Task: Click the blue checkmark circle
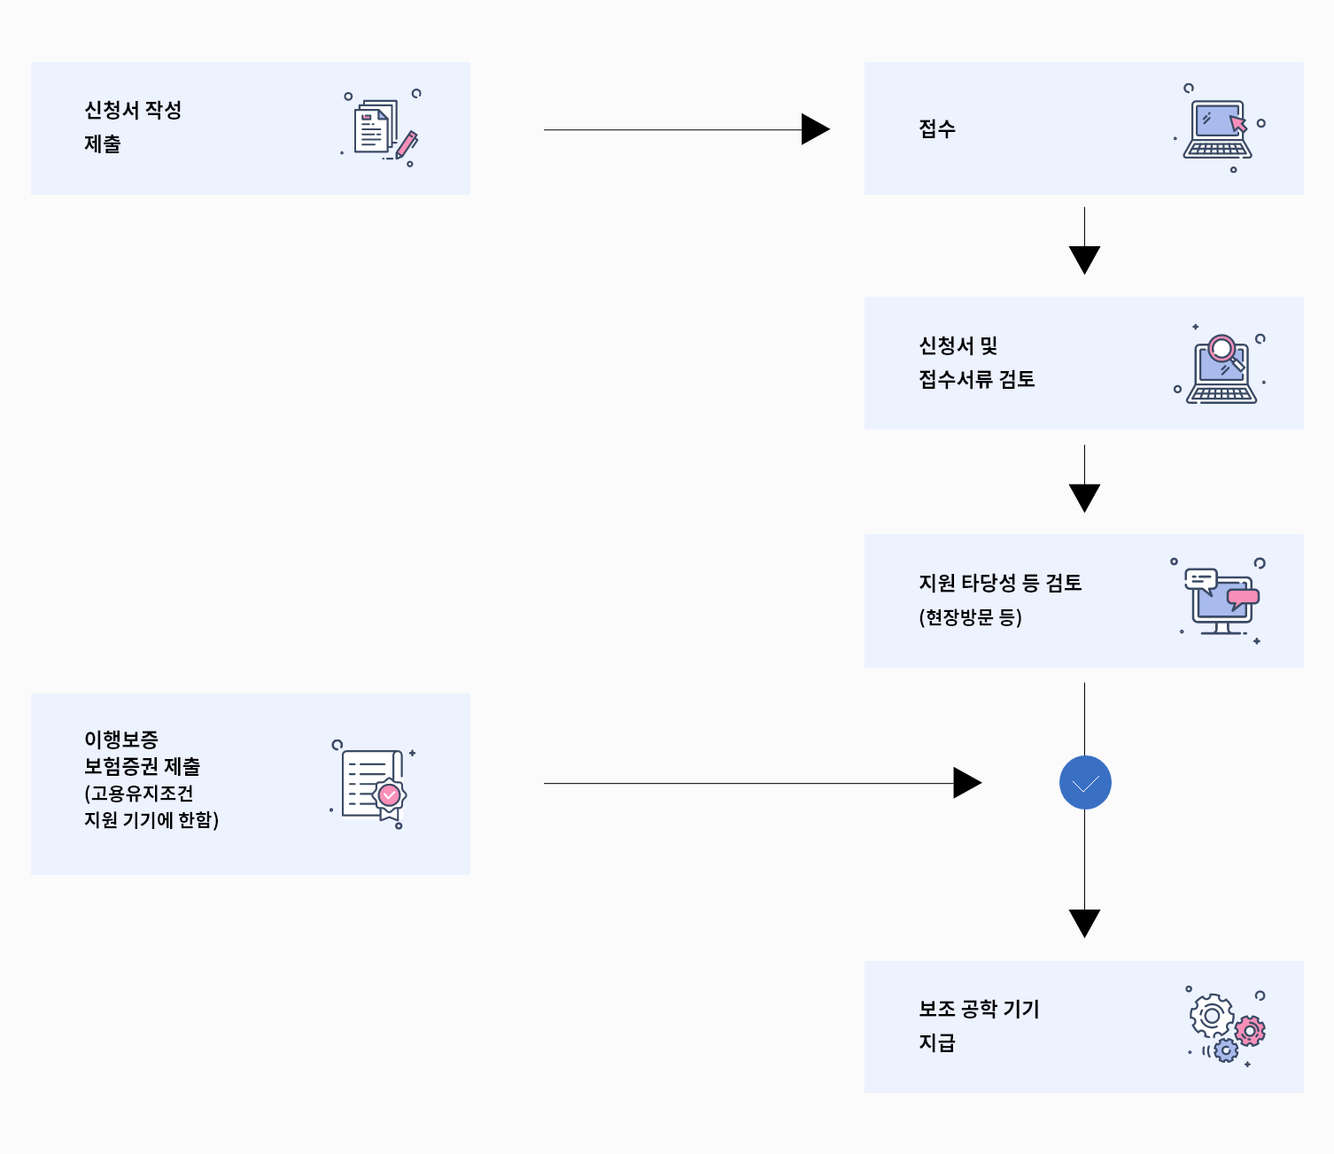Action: (1085, 783)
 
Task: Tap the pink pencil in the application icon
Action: (407, 144)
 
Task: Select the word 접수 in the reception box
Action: (937, 129)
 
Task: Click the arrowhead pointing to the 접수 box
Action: (814, 129)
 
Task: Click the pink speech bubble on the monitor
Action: (1243, 598)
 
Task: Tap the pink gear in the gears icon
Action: (1250, 1031)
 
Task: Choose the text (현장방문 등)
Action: (970, 617)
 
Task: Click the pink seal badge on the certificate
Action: (389, 795)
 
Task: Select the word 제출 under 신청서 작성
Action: (103, 144)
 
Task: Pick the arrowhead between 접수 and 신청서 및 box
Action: (1084, 259)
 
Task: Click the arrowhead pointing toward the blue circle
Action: (966, 783)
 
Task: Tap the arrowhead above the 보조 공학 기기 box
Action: (1084, 922)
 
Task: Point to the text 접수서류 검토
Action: (976, 380)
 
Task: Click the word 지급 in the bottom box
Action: (937, 1043)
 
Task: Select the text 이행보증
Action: (121, 739)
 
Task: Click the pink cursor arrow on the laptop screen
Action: (1237, 123)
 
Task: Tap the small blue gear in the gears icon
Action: (1226, 1050)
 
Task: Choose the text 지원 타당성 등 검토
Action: (1000, 584)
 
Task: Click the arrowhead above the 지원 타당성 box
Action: (1084, 497)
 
